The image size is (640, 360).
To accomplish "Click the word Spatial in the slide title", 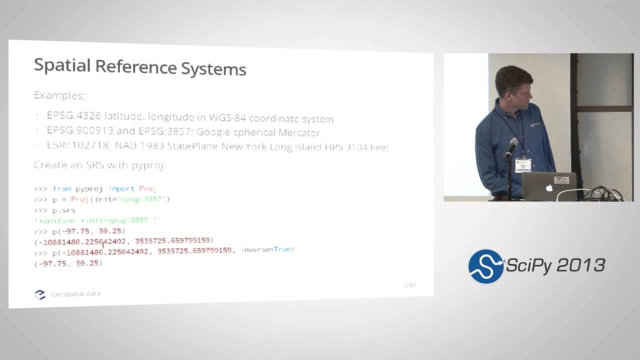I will [x=62, y=66].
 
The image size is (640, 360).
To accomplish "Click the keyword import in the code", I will [x=121, y=188].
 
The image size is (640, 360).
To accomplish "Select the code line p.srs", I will [x=64, y=210].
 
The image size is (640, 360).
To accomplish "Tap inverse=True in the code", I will [x=267, y=249].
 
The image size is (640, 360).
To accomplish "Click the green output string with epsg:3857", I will [x=95, y=220].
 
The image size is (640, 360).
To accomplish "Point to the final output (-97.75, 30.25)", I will [x=68, y=263].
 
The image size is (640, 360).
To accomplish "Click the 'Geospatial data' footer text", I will [x=75, y=294].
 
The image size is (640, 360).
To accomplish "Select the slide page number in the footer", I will [x=408, y=285].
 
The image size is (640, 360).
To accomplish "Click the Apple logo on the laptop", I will [x=549, y=188].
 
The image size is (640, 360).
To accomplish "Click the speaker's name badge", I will [x=522, y=164].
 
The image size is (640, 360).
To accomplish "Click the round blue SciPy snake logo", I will [x=485, y=266].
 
